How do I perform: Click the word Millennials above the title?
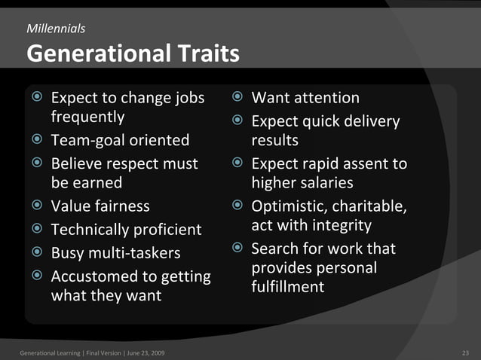point(56,29)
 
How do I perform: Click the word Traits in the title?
point(202,54)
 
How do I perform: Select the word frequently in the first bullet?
point(87,117)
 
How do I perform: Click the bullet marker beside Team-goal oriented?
point(37,141)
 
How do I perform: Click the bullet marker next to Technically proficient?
point(37,229)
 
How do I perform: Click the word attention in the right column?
point(324,98)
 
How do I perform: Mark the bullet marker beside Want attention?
point(237,98)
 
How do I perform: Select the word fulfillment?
point(288,287)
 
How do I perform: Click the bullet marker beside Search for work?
point(237,249)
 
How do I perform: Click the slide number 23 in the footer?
point(464,352)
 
